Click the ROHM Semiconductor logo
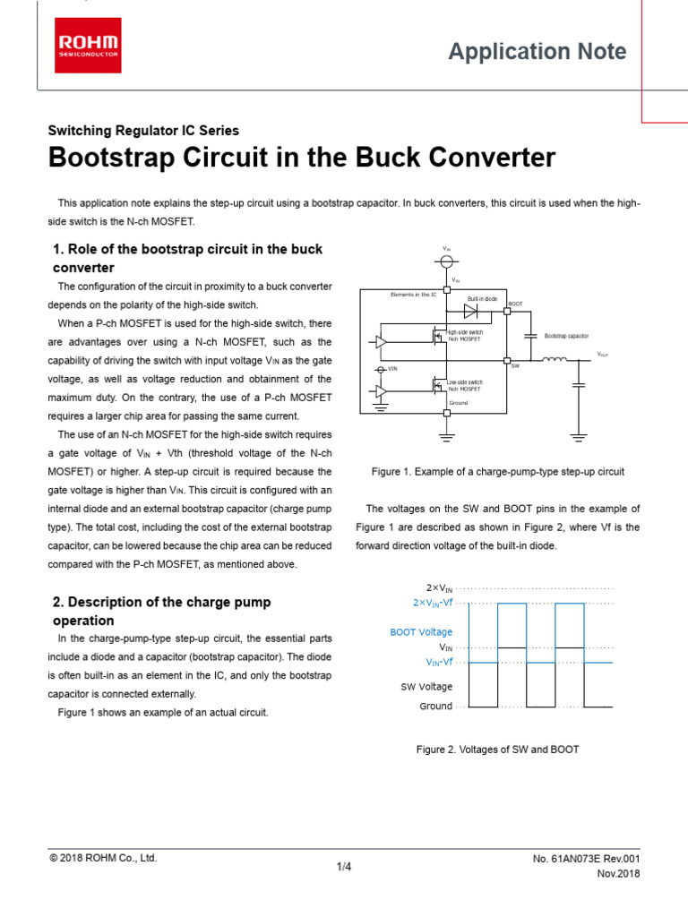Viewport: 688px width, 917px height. pos(90,47)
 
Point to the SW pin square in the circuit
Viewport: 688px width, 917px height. pos(505,361)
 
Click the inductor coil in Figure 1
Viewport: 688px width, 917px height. pos(555,360)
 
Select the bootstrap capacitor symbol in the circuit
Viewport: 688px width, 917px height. pos(531,336)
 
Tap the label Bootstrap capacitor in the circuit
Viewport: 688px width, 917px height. pos(566,336)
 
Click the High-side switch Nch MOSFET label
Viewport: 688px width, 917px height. pos(465,336)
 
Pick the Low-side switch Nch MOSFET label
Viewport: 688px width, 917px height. pos(465,385)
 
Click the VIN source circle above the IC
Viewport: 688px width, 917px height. pos(446,261)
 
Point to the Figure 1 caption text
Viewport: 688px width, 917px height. pos(497,471)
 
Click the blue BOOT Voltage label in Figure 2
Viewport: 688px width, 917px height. pos(421,632)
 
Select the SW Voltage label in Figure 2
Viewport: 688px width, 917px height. pos(426,687)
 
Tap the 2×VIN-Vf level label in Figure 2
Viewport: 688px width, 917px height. pos(426,603)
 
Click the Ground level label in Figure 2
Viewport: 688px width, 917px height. pos(435,707)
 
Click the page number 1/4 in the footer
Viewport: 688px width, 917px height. pos(344,867)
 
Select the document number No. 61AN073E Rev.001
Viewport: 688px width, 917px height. pos(586,859)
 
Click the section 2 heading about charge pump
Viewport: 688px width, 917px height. pos(161,611)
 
